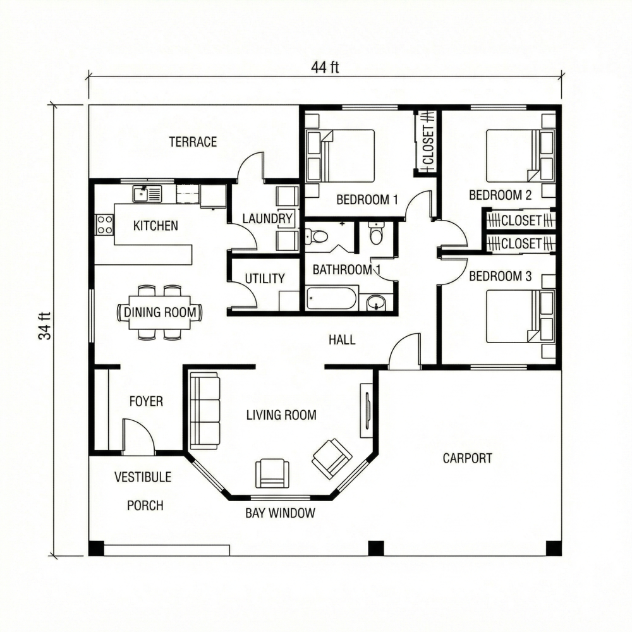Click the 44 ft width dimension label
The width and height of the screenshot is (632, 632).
coord(325,68)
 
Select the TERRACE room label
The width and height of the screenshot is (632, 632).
coord(193,142)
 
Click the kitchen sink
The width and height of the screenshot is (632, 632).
coord(147,193)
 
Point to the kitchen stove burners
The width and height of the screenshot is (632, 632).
coord(104,224)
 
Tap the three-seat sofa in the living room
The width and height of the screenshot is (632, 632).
coord(205,410)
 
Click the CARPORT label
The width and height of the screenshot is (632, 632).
coord(467,458)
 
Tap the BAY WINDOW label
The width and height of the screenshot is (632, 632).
coord(280,513)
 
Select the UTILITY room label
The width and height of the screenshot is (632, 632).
coord(264,279)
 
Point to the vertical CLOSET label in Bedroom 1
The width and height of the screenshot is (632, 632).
coord(428,144)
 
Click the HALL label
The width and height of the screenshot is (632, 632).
coord(342,340)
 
